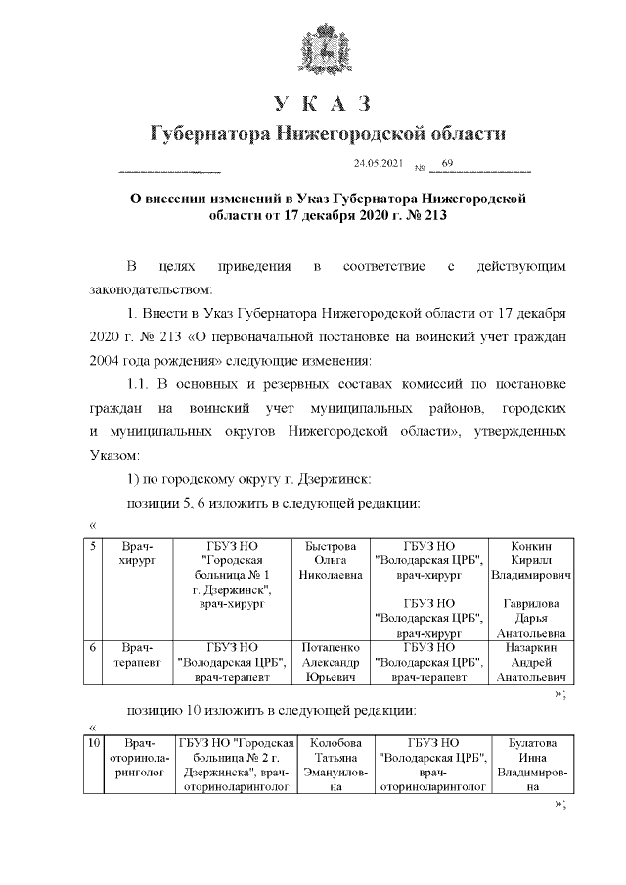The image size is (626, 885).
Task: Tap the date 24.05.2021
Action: click(378, 163)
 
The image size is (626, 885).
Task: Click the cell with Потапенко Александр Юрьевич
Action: click(332, 661)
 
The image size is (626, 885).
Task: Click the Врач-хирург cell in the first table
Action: click(132, 553)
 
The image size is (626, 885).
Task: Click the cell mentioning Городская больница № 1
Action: click(233, 574)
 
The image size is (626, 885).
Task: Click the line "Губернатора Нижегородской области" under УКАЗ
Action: click(329, 133)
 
